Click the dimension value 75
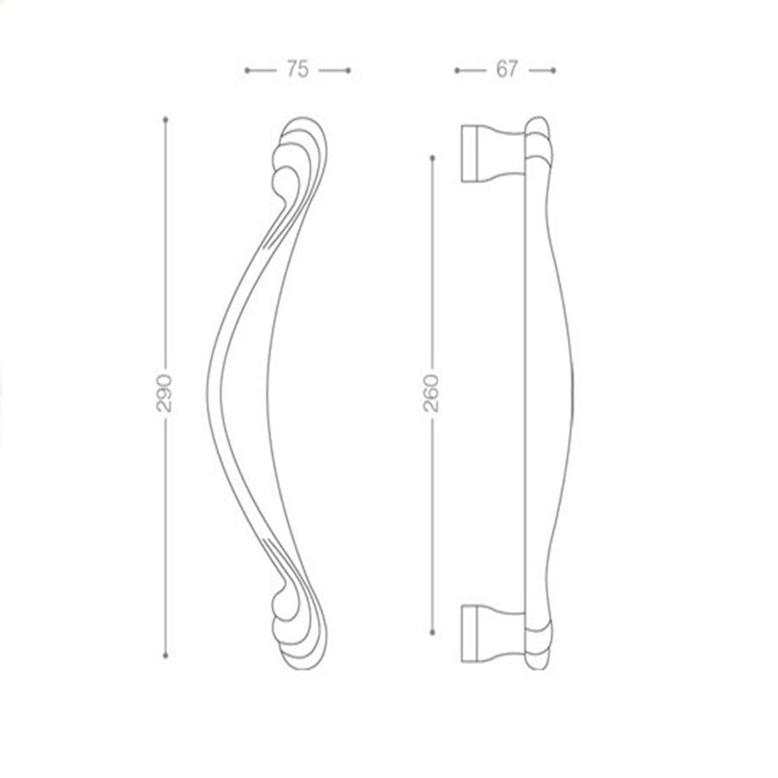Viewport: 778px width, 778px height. [x=297, y=69]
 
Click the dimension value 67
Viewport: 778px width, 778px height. [x=507, y=69]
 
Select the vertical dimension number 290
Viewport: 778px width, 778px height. [x=165, y=393]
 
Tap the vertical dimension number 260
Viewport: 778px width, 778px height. [x=431, y=393]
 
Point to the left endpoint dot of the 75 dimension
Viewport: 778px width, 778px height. [x=247, y=71]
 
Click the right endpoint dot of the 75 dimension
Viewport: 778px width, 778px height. [x=348, y=71]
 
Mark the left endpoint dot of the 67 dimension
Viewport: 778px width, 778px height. [x=457, y=71]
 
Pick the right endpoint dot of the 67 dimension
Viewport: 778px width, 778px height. [x=553, y=71]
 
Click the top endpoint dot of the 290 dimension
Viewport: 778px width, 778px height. [x=166, y=119]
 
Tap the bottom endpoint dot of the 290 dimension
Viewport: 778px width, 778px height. [x=166, y=655]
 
